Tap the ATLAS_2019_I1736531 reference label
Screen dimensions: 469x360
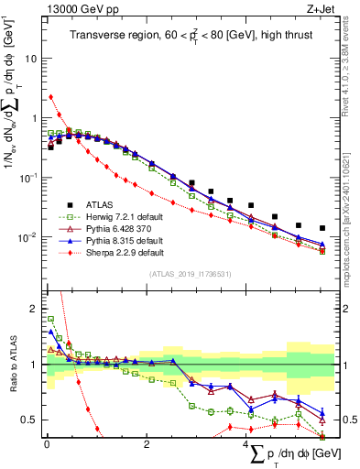190,273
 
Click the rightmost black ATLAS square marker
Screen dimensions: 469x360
322,228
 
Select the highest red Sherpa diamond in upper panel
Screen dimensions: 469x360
50,96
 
